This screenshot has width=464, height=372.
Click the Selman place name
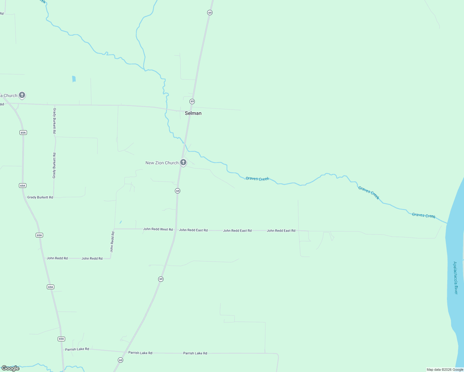pyautogui.click(x=193, y=113)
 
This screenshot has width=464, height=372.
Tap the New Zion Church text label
pyautogui.click(x=162, y=163)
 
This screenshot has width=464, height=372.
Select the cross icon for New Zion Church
pyautogui.click(x=183, y=162)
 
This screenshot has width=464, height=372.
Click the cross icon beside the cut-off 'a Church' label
pyautogui.click(x=22, y=95)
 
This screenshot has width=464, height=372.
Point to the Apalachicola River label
pyautogui.click(x=455, y=278)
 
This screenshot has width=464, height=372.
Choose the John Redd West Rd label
pyautogui.click(x=158, y=229)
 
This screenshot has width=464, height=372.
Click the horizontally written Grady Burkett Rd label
pyautogui.click(x=40, y=197)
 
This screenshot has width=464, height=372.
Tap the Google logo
pyautogui.click(x=11, y=368)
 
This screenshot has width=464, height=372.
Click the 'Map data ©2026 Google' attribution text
pyautogui.click(x=445, y=370)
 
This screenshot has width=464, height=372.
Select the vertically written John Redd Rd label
pyautogui.click(x=112, y=241)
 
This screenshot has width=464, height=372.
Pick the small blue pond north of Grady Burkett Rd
pyautogui.click(x=74, y=79)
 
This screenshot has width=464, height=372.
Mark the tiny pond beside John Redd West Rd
pyautogui.click(x=120, y=222)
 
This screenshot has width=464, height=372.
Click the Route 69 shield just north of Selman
pyautogui.click(x=192, y=102)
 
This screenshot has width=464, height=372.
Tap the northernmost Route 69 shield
pyautogui.click(x=210, y=13)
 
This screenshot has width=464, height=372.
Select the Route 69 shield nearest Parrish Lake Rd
pyautogui.click(x=120, y=360)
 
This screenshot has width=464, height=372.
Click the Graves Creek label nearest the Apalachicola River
pyautogui.click(x=424, y=215)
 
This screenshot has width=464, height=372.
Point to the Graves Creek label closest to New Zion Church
pyautogui.click(x=257, y=179)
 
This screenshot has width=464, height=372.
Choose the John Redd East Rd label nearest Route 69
pyautogui.click(x=193, y=230)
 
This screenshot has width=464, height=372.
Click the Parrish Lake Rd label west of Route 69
pyautogui.click(x=77, y=349)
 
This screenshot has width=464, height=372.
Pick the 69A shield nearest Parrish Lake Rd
pyautogui.click(x=61, y=339)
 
